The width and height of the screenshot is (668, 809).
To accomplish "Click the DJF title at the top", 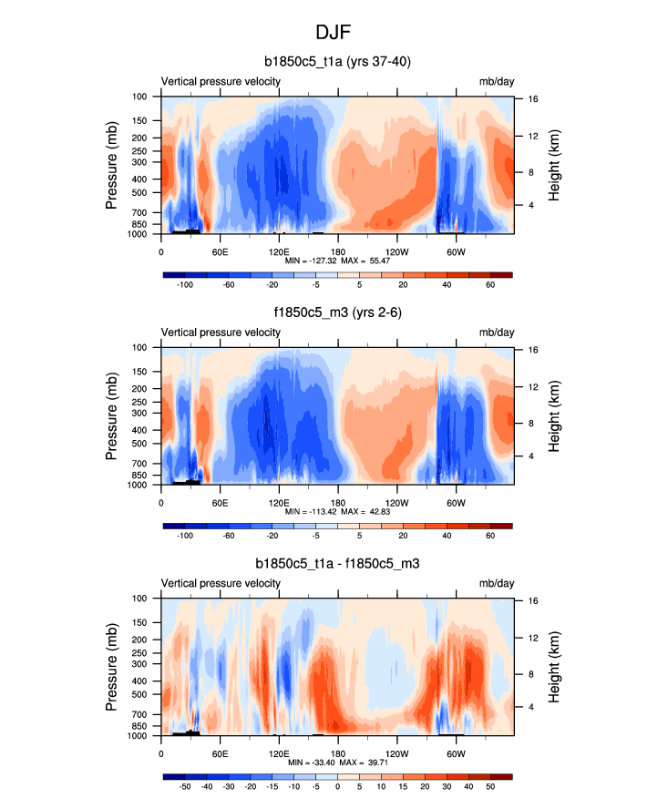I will coord(334,32).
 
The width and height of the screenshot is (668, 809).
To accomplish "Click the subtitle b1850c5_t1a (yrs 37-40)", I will coord(336,63).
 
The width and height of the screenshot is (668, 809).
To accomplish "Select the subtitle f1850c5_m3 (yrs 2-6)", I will coord(336,314).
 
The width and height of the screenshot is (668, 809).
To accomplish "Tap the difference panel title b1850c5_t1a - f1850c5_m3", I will coord(336,566).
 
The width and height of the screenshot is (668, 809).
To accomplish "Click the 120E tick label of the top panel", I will coord(279,251).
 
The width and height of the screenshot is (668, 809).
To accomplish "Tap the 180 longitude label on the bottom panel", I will coord(338,753).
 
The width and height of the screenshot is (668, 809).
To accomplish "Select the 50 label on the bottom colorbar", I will coord(489,787).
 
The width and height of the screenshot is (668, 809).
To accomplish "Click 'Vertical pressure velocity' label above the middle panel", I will coord(221,333).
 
